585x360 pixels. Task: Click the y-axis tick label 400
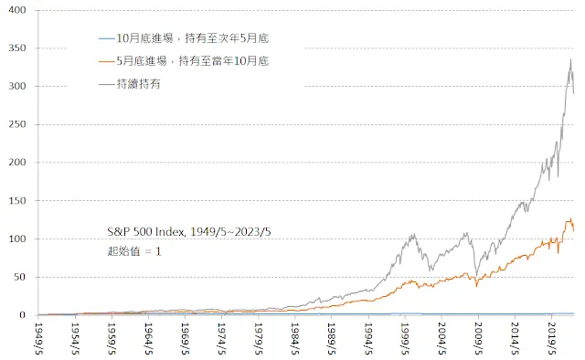pos(17,10)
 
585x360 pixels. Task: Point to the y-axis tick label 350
pos(17,48)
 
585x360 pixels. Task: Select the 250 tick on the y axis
pos(17,124)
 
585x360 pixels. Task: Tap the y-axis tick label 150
pos(17,201)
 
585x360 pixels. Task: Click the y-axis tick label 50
pos(20,277)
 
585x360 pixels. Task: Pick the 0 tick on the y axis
pos(23,315)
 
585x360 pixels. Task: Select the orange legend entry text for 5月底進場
pos(193,60)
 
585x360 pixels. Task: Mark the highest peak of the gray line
pos(570,59)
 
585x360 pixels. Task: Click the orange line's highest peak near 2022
pos(570,218)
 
